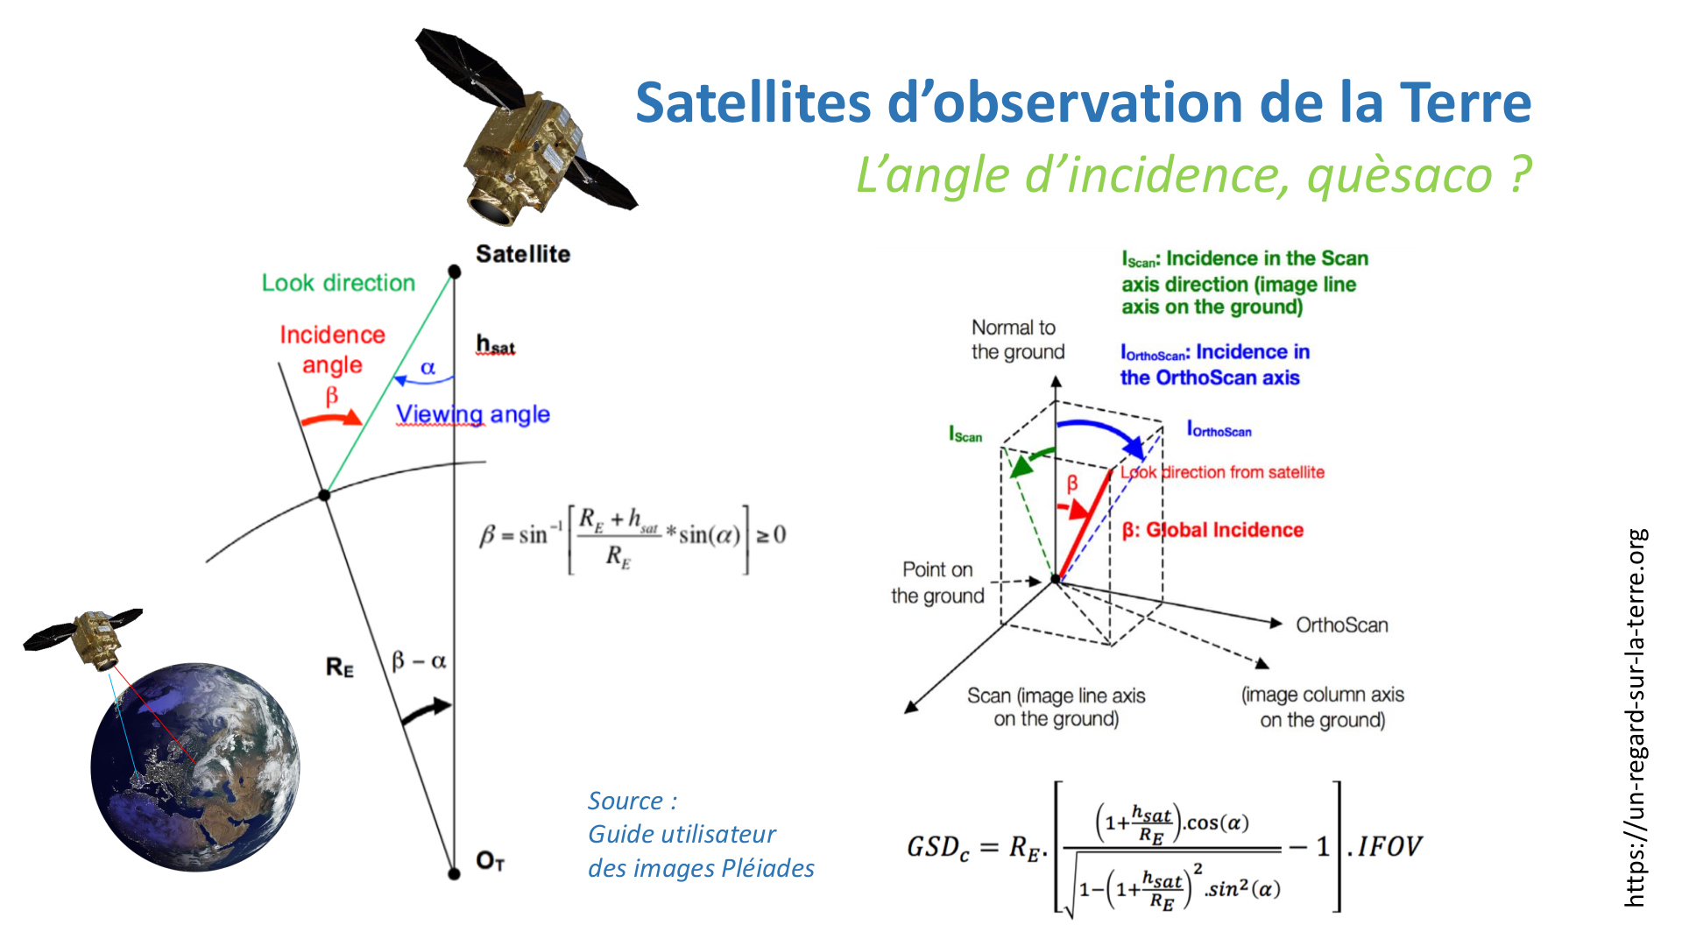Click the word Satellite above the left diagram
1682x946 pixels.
pyautogui.click(x=523, y=254)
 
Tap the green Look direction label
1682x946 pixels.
pyautogui.click(x=338, y=283)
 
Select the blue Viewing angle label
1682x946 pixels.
pyautogui.click(x=473, y=414)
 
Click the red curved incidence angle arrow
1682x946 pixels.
pyautogui.click(x=331, y=418)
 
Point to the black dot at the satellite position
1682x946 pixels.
pyautogui.click(x=454, y=272)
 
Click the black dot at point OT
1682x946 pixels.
pyautogui.click(x=454, y=873)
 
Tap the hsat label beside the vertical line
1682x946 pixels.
pyautogui.click(x=496, y=344)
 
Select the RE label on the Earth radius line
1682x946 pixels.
pyautogui.click(x=340, y=667)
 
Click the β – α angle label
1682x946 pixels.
pyautogui.click(x=419, y=660)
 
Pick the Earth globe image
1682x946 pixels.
pyautogui.click(x=195, y=767)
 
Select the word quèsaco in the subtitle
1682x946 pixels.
pyautogui.click(x=1400, y=175)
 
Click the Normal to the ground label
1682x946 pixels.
pyautogui.click(x=1018, y=340)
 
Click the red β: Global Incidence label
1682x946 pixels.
pyautogui.click(x=1212, y=530)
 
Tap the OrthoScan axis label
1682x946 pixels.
pyautogui.click(x=1342, y=625)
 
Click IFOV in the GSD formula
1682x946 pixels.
pyautogui.click(x=1390, y=846)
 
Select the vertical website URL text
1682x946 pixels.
pyautogui.click(x=1636, y=717)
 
